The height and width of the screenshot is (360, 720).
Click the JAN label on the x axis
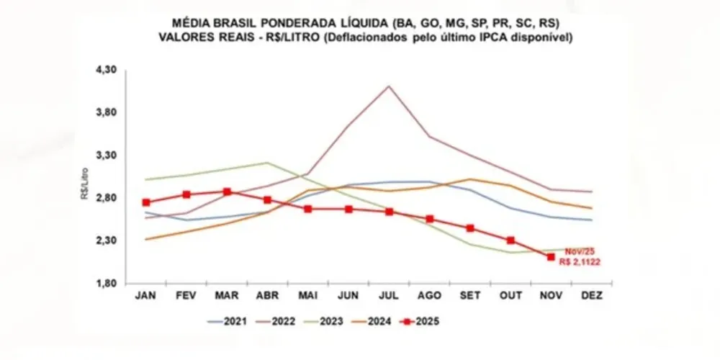pos(146,295)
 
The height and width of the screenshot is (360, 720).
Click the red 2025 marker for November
pos(551,257)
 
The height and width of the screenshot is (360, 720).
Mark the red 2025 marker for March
pos(227,192)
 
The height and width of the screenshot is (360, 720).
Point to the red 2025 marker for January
pos(146,202)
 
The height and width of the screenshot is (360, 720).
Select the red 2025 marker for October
pos(510,240)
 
